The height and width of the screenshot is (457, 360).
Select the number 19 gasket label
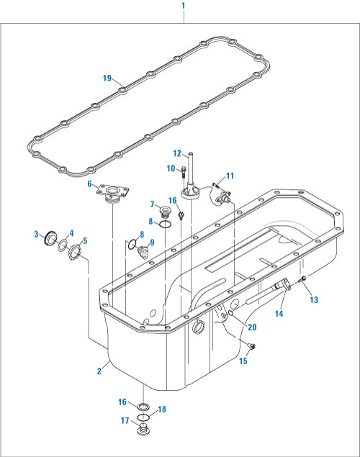[x=107, y=78]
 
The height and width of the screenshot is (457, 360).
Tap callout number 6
[x=90, y=185]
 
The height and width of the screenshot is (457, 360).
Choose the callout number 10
[x=171, y=168]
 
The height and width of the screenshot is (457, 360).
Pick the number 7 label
[x=153, y=204]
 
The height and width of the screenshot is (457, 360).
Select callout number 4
[x=71, y=232]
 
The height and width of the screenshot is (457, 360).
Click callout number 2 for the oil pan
[x=99, y=371]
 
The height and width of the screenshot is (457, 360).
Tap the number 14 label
[x=278, y=314]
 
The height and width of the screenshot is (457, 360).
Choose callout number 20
[x=251, y=327]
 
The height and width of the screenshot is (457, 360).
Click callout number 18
[x=162, y=409]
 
